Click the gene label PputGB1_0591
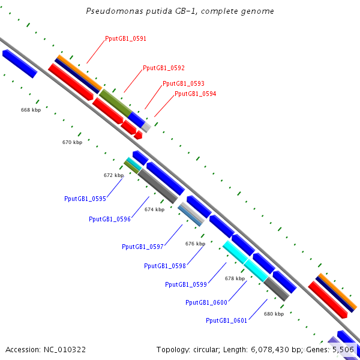[125, 38]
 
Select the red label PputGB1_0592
[164, 68]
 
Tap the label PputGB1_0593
[184, 83]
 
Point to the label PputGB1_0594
[196, 94]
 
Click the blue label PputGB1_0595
[85, 199]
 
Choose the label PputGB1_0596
[110, 220]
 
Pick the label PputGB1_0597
[143, 247]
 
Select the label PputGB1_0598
[165, 266]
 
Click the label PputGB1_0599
[186, 284]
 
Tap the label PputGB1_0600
[206, 303]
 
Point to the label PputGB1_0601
[227, 320]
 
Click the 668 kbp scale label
[31, 110]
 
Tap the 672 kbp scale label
[113, 176]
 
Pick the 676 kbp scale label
[195, 244]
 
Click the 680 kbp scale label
[274, 314]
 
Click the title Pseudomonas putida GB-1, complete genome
[180, 11]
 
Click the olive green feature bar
[115, 103]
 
